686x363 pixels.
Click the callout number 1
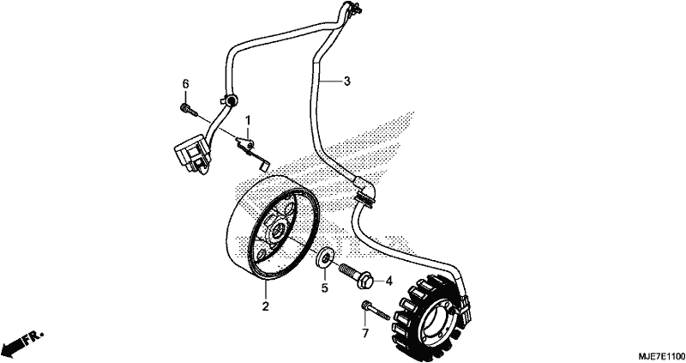(248, 119)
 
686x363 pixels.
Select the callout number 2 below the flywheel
(265, 306)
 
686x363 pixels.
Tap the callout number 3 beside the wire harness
(347, 81)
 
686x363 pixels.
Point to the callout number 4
(389, 281)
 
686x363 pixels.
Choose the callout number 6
(185, 83)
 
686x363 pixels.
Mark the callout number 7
(365, 333)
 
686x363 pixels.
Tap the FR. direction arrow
(23, 342)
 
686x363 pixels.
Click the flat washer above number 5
(326, 257)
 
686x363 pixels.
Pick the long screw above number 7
(375, 310)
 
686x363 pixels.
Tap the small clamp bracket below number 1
(252, 152)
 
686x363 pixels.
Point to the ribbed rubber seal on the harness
(365, 200)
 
